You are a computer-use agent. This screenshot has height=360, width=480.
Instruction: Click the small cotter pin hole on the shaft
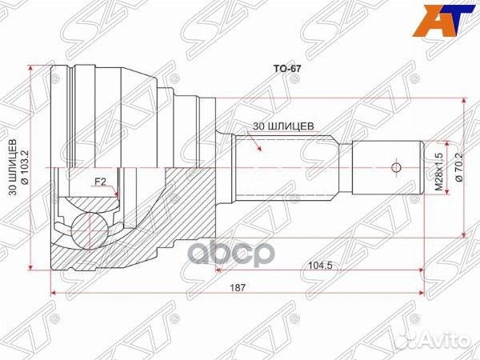point(394,168)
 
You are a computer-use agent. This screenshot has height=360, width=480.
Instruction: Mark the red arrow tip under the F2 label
point(119,196)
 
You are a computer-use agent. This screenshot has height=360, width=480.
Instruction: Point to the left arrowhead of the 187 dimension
point(52,295)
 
